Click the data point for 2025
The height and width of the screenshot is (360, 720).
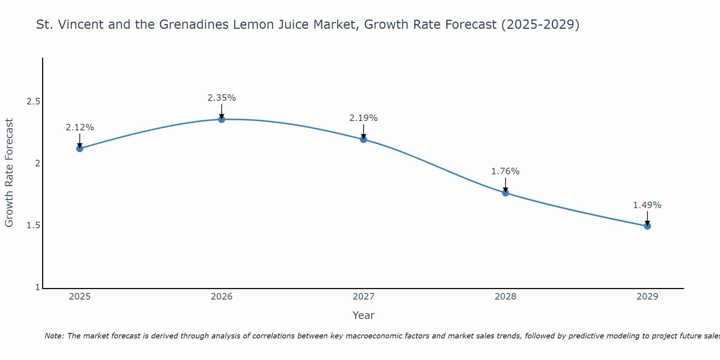pyautogui.click(x=80, y=148)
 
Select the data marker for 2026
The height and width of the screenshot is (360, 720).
pyautogui.click(x=222, y=119)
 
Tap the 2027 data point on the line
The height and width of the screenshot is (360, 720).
pyautogui.click(x=364, y=139)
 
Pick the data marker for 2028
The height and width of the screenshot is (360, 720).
pyautogui.click(x=505, y=193)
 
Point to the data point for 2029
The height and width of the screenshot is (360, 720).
pyautogui.click(x=647, y=226)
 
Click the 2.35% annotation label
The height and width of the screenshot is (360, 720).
pyautogui.click(x=222, y=98)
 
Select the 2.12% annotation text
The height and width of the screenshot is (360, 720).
pyautogui.click(x=80, y=127)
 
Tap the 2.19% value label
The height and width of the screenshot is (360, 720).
pyautogui.click(x=364, y=118)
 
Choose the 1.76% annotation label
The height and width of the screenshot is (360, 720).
pyautogui.click(x=505, y=171)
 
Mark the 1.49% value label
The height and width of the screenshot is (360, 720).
pyautogui.click(x=647, y=205)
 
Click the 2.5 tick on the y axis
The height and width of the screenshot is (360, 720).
pyautogui.click(x=33, y=102)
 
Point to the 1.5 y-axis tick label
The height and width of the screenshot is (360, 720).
pyautogui.click(x=33, y=225)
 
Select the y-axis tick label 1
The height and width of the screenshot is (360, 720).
pyautogui.click(x=37, y=287)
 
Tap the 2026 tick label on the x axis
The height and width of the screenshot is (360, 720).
pyautogui.click(x=222, y=297)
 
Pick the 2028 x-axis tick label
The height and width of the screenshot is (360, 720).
pyautogui.click(x=505, y=297)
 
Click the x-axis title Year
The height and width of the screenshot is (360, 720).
pyautogui.click(x=364, y=315)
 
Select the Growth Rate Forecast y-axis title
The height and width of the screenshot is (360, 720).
pyautogui.click(x=9, y=173)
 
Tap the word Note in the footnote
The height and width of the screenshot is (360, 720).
pyautogui.click(x=54, y=336)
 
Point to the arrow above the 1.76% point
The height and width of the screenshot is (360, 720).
pyautogui.click(x=505, y=184)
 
